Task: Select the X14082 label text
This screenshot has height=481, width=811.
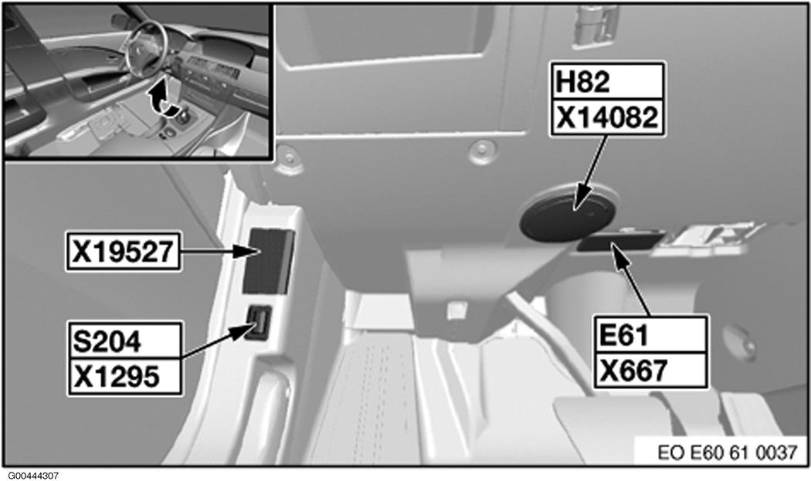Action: pos(606,117)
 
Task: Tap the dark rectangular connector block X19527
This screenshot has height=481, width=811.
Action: pos(267,260)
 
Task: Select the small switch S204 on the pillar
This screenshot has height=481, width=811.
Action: pos(259,322)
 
